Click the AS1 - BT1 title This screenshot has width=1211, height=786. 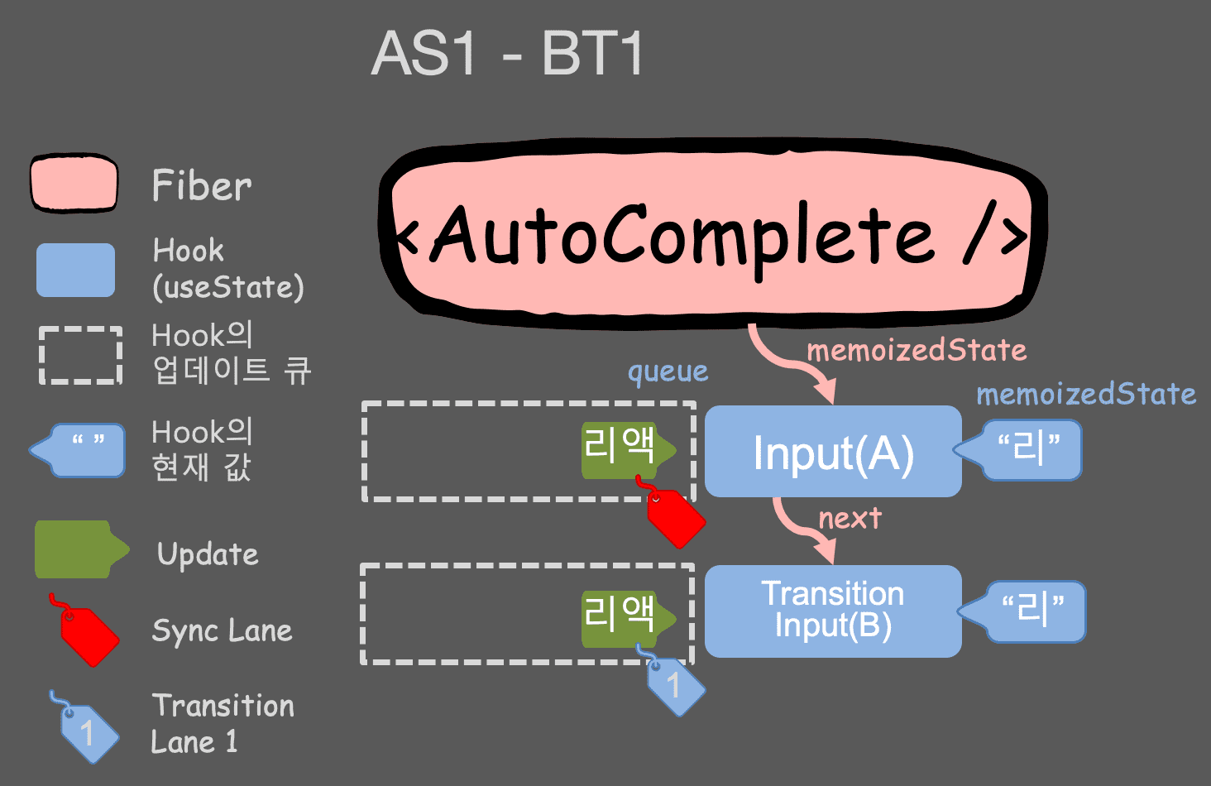507,55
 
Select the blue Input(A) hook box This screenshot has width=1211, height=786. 832,452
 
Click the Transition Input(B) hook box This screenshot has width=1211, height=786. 832,611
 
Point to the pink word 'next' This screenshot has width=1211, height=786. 850,519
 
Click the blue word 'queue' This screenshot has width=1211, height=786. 668,372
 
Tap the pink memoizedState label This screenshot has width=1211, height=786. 917,350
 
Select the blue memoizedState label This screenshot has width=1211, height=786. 1086,394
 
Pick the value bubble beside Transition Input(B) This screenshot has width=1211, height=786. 1030,611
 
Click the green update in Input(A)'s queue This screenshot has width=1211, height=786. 623,449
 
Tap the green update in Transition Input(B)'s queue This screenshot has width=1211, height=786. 623,617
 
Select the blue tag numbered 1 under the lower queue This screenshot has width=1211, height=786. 675,684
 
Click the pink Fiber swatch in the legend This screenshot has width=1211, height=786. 74,183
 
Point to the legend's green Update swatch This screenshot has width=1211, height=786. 77,549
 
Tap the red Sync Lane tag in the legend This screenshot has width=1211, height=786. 88,633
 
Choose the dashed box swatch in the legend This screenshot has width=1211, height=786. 80,355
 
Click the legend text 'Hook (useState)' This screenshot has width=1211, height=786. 227,269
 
